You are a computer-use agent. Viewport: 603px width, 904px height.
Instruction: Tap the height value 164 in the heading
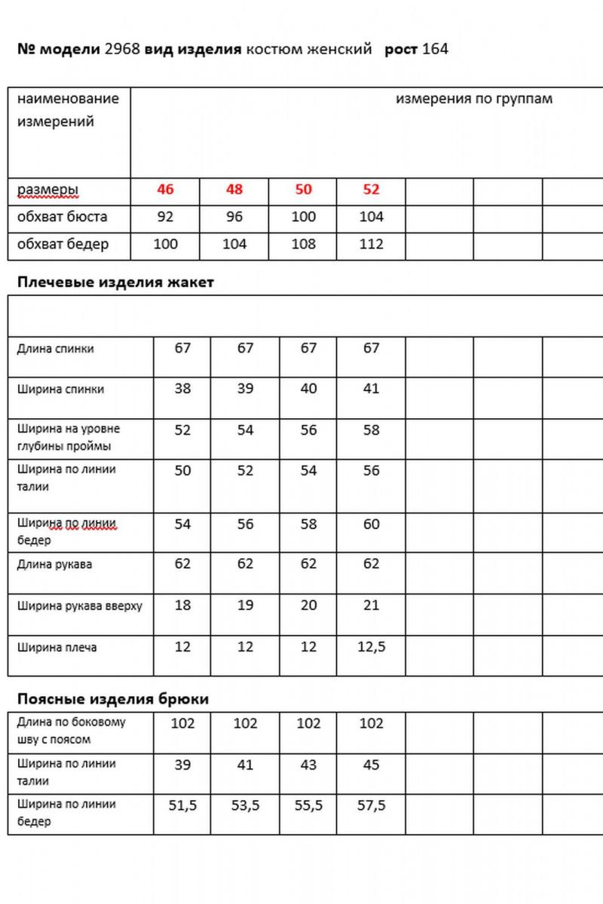click(x=436, y=50)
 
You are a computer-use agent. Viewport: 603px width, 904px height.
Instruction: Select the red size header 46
click(x=165, y=189)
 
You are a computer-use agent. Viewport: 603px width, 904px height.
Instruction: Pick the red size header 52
click(x=371, y=189)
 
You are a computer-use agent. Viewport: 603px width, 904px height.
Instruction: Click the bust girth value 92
click(x=165, y=217)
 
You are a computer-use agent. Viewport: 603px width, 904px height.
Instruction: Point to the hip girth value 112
click(x=371, y=244)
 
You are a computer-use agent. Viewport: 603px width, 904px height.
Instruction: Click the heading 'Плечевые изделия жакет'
click(x=115, y=282)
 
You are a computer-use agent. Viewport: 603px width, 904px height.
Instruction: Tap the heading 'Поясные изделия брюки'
click(x=112, y=699)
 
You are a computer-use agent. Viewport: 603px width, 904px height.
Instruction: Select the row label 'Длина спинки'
click(x=55, y=349)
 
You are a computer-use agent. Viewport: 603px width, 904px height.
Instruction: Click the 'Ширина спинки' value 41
click(x=371, y=389)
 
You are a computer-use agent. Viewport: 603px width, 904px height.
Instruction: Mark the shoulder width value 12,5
click(x=371, y=647)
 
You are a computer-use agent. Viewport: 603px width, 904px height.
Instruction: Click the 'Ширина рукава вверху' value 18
click(x=182, y=606)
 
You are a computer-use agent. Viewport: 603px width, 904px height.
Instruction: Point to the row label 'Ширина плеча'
click(x=57, y=647)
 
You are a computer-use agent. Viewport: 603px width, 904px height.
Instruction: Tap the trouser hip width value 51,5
click(x=182, y=805)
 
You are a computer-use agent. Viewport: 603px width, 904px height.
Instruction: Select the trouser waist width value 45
click(x=371, y=764)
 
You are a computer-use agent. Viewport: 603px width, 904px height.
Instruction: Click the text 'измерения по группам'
click(x=474, y=99)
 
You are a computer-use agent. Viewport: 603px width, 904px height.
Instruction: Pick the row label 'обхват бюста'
click(x=62, y=217)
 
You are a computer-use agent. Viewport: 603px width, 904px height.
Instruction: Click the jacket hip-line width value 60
click(x=371, y=524)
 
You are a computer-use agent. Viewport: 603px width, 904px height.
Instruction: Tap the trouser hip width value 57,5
click(x=371, y=805)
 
